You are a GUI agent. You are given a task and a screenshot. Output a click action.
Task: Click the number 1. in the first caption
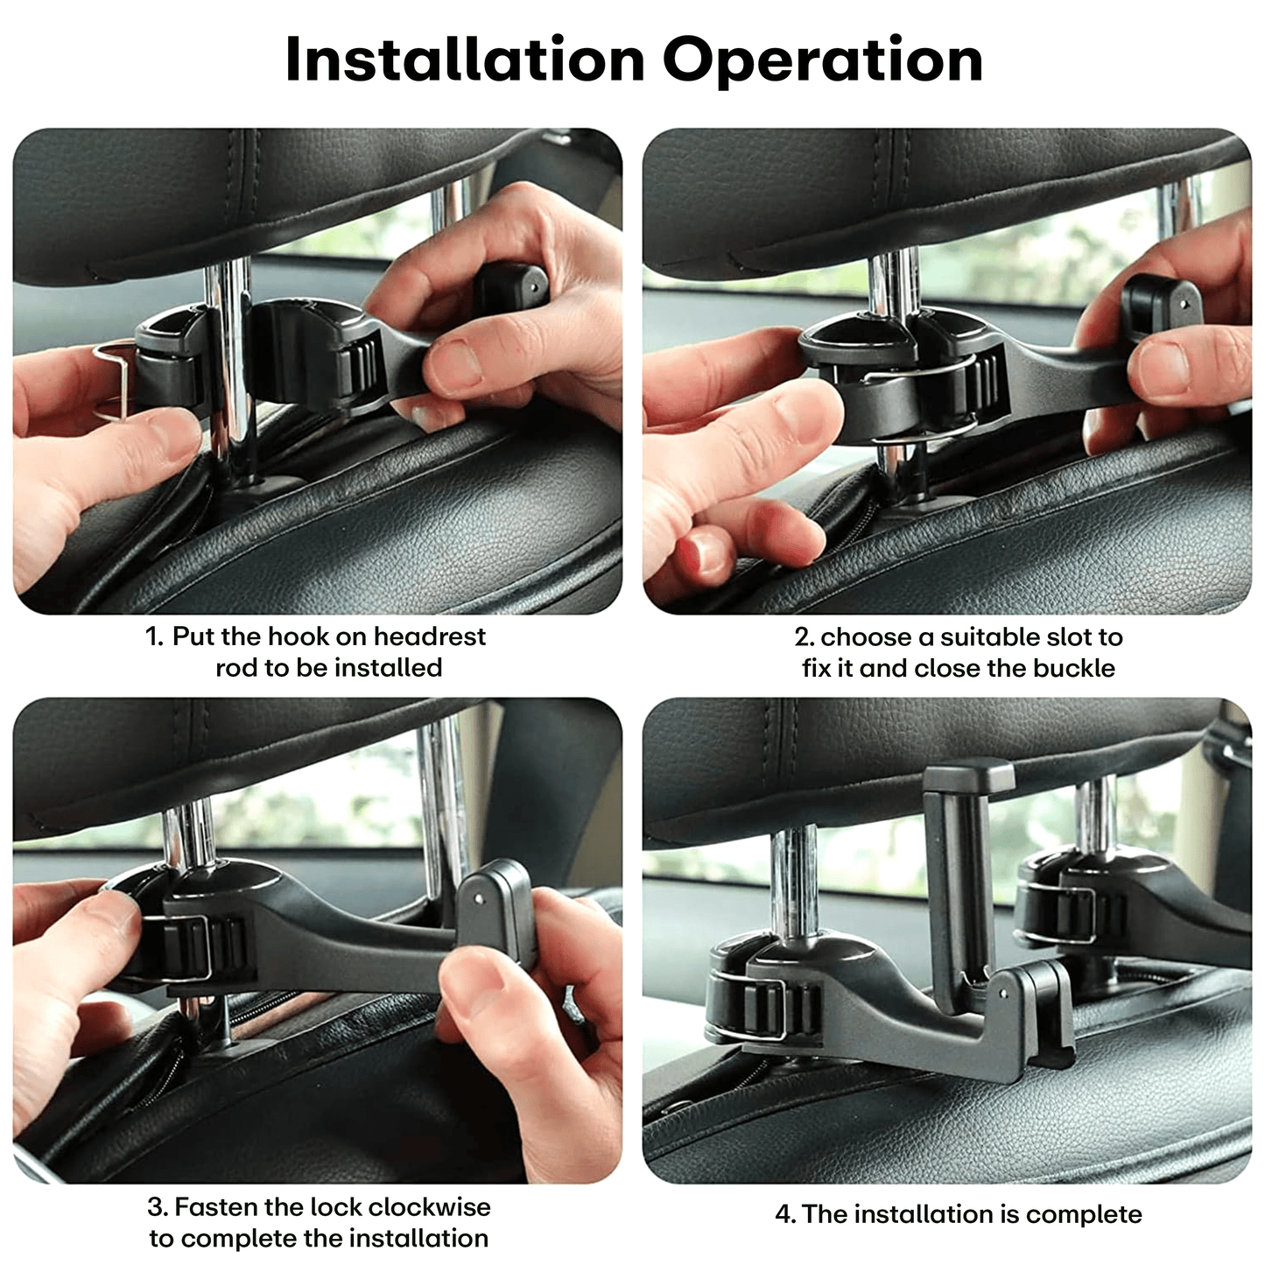(155, 636)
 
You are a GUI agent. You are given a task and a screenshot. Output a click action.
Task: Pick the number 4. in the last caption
(785, 1214)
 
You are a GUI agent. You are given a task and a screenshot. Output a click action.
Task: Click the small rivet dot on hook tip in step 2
(1184, 305)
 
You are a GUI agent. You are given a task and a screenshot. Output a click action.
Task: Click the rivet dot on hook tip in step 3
(478, 899)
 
